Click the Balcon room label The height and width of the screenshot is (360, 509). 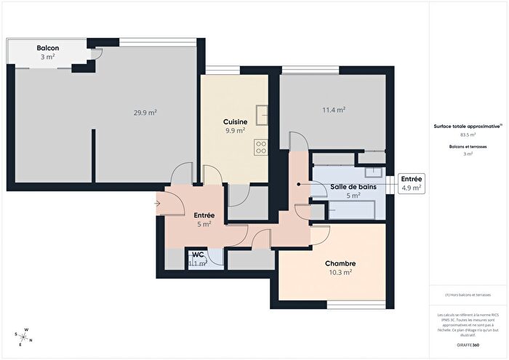(x=48, y=48)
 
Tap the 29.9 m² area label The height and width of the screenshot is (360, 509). (x=145, y=113)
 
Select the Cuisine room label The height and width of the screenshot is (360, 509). (x=235, y=121)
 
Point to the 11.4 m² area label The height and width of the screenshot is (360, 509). (x=333, y=110)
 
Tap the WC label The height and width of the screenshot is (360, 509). (x=198, y=255)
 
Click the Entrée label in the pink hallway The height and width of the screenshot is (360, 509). (x=204, y=215)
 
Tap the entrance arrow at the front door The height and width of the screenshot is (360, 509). (x=159, y=203)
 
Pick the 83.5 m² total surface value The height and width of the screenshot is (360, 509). (x=468, y=135)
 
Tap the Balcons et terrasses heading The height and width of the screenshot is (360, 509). (x=468, y=146)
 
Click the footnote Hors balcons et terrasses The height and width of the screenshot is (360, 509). (x=468, y=295)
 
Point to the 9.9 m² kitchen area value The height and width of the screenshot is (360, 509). (x=235, y=131)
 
